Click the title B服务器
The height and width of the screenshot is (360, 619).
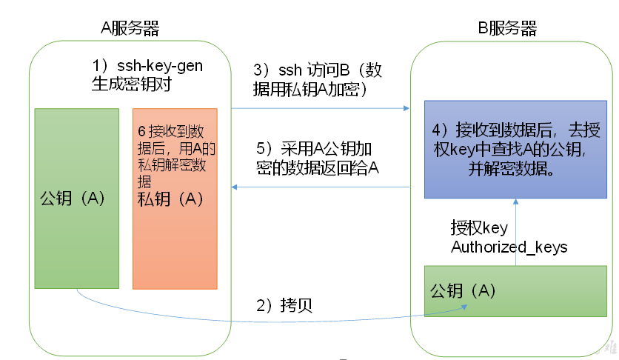(x=507, y=29)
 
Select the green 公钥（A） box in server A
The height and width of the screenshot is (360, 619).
(x=77, y=237)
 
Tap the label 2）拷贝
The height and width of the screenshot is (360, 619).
(x=284, y=305)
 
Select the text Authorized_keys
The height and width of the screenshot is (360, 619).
(x=509, y=247)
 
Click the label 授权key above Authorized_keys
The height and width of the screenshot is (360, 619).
(x=480, y=228)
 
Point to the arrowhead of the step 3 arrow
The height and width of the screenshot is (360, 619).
(x=406, y=108)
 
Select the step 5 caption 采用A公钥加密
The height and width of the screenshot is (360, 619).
(x=318, y=147)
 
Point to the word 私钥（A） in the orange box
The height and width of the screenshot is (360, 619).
(x=170, y=199)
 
